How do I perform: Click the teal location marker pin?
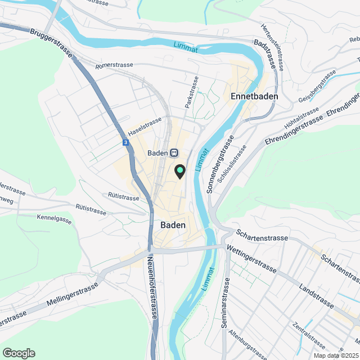tap(180, 170)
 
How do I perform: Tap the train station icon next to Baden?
tap(174, 152)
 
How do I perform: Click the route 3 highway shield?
tap(125, 143)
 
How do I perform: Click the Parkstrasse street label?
tap(192, 92)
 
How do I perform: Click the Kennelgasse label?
tap(55, 218)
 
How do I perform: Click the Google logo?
tap(18, 353)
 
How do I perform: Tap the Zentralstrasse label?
tap(308, 335)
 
